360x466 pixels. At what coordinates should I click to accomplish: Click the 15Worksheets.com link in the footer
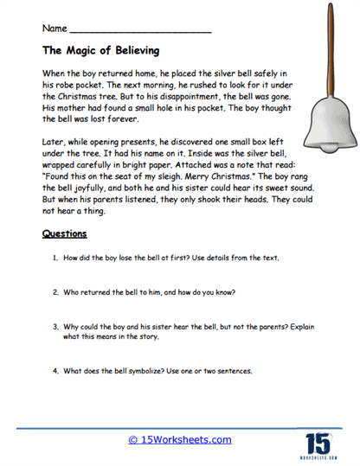click(181, 439)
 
